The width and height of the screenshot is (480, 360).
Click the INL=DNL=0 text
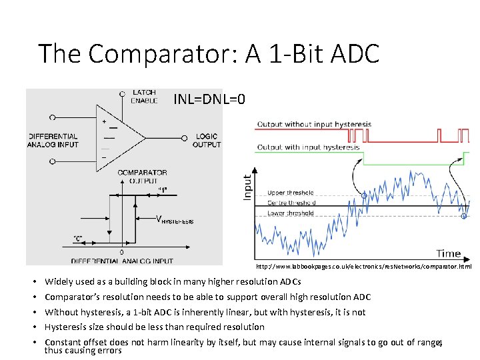pos(209,99)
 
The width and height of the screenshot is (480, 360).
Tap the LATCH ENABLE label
pos(145,97)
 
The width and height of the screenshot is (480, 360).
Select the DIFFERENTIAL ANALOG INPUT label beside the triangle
pos(53,141)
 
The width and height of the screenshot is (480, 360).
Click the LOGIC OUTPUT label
pos(207,141)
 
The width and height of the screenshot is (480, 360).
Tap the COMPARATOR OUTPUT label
pos(142,177)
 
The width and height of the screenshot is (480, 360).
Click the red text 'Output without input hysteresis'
pos(314,124)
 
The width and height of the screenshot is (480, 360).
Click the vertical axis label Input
pos(247,187)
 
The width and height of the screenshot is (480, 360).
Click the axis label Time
pos(448,253)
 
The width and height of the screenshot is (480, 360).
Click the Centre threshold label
pos(291,203)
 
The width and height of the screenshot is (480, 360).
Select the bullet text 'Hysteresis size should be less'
pos(155,327)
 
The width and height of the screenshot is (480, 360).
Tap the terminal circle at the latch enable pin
pos(122,95)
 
